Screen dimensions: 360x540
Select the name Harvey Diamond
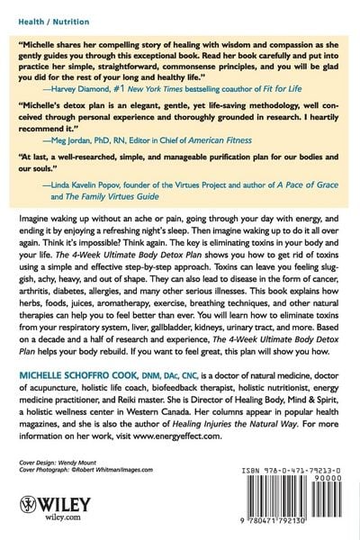(88, 90)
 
